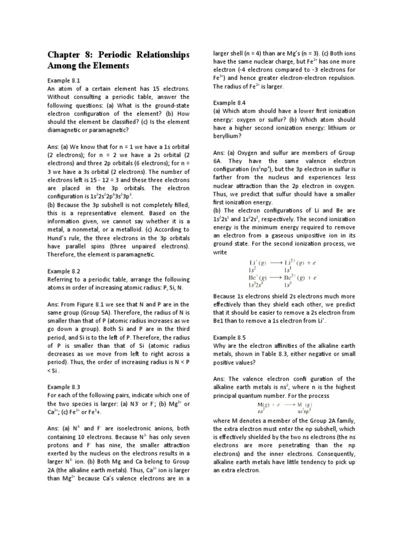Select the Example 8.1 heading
tap(63, 80)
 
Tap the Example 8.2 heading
tap(63, 271)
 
